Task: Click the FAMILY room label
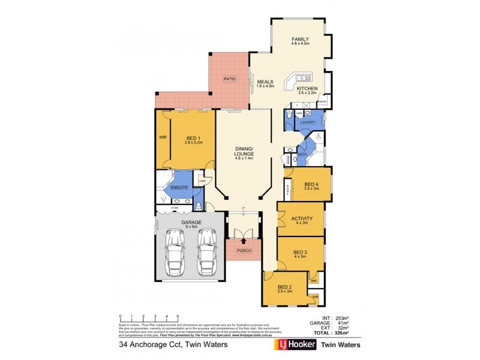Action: (299, 37)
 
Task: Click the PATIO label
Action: (229, 79)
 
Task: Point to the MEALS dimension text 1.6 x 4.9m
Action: (265, 86)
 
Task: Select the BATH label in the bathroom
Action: (302, 154)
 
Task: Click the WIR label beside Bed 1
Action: (162, 137)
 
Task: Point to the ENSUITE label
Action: (179, 188)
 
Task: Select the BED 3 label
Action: (300, 252)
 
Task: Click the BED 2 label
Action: (284, 287)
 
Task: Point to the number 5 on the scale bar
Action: (178, 316)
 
